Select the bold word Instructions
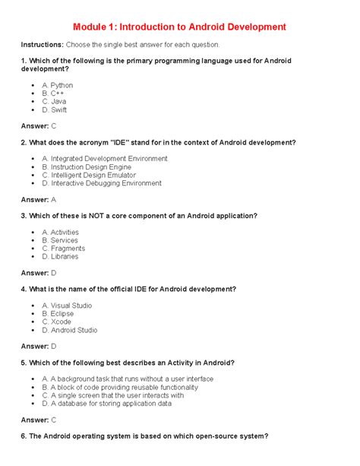click(x=42, y=45)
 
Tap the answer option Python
click(x=58, y=85)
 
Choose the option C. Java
click(x=54, y=102)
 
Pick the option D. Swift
click(x=55, y=110)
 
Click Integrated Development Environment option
click(x=105, y=158)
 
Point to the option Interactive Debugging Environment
click(x=102, y=183)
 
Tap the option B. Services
click(x=60, y=240)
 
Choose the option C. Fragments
click(x=63, y=249)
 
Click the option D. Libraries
click(x=60, y=257)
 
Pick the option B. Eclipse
click(x=58, y=313)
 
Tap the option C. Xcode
click(x=57, y=322)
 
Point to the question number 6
click(x=24, y=436)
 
